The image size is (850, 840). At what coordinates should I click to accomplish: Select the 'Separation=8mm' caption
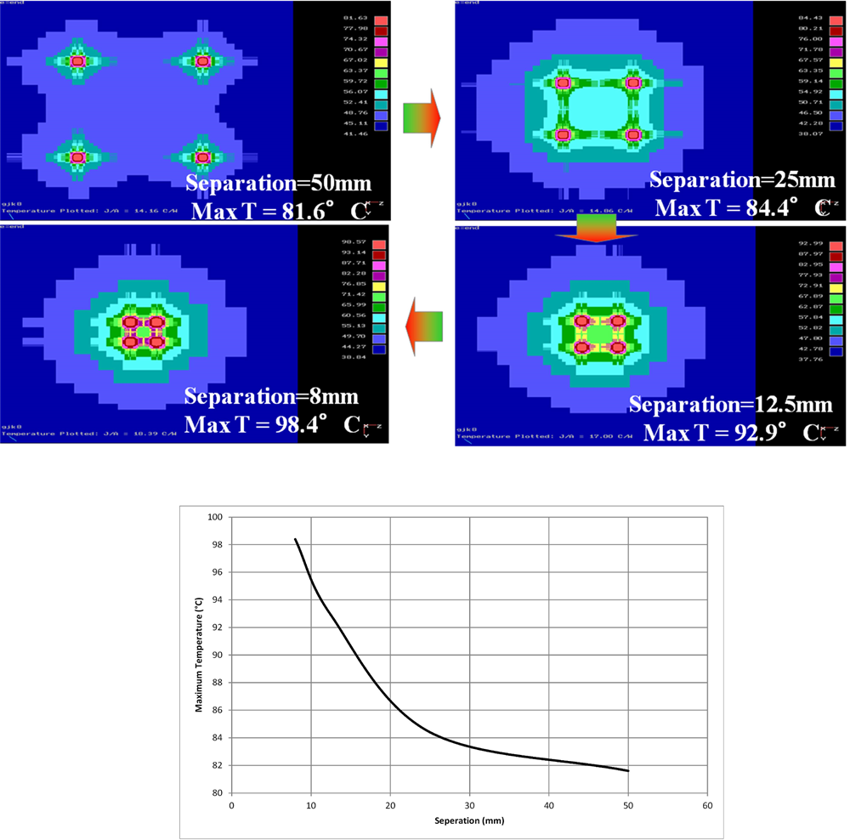coord(271,396)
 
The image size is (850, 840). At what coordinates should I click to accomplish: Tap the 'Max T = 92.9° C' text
coord(724,432)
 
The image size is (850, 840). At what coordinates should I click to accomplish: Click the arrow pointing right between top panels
coord(422,117)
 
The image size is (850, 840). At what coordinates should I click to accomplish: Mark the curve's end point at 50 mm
coord(628,771)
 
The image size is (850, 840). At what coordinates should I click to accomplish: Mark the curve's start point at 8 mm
coord(295,539)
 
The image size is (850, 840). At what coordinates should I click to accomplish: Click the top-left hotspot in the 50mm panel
coord(77,61)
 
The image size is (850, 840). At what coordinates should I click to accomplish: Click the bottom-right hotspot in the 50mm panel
coord(202,157)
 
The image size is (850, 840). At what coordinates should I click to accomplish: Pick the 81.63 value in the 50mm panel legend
coord(347,18)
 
